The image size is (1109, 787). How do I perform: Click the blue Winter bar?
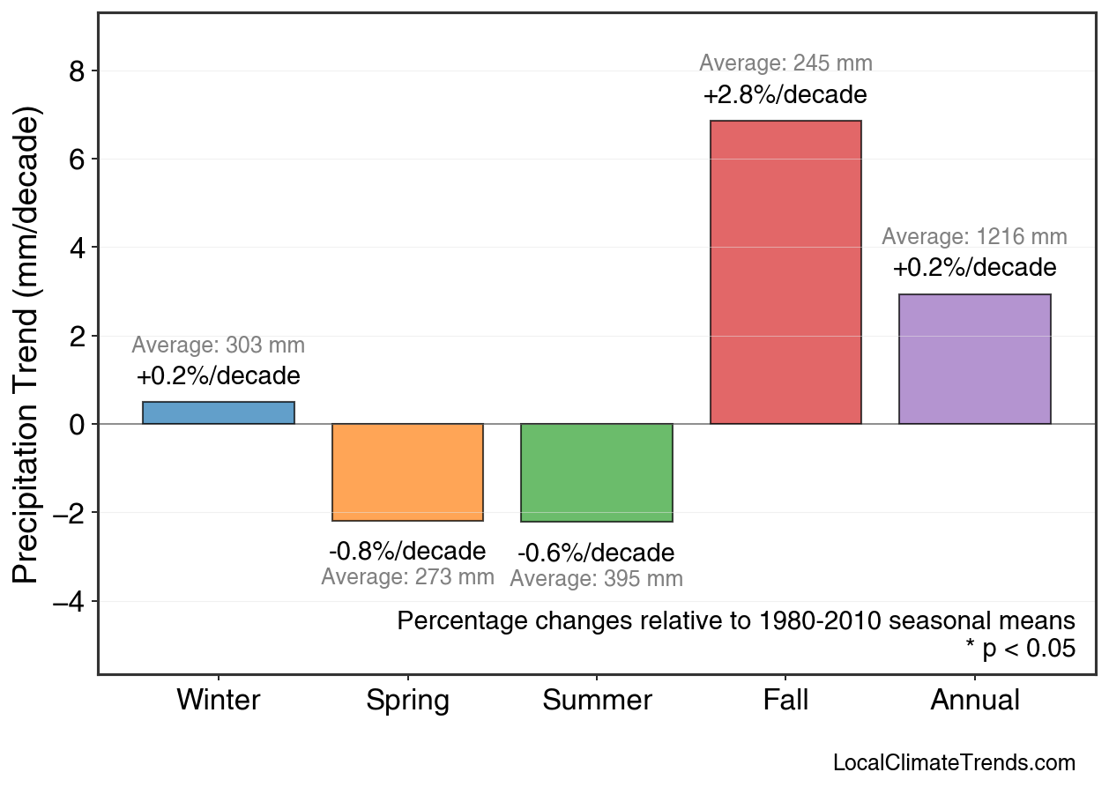click(x=219, y=412)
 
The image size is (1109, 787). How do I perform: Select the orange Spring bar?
click(x=407, y=472)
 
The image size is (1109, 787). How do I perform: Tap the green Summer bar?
click(x=597, y=472)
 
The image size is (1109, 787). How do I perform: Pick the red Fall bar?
click(x=785, y=272)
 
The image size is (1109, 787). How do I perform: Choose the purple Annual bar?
click(x=974, y=359)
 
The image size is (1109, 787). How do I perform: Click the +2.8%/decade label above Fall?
click(x=785, y=94)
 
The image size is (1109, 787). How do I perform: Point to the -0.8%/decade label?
click(x=407, y=551)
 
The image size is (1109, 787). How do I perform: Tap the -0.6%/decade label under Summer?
click(x=596, y=553)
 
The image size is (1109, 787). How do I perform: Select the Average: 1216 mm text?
click(x=974, y=237)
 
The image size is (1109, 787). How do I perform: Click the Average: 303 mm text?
click(x=219, y=345)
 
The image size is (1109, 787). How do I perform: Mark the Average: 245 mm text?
click(x=785, y=63)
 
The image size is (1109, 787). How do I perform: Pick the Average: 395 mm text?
click(x=596, y=579)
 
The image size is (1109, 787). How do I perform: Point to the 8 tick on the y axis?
click(x=77, y=71)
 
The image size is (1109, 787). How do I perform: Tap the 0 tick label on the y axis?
click(x=77, y=425)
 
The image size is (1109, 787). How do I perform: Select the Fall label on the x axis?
click(x=785, y=701)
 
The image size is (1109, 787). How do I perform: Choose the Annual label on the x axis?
click(x=975, y=701)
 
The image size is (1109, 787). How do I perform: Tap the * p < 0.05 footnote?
click(x=1020, y=650)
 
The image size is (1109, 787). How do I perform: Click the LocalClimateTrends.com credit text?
click(x=954, y=763)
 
